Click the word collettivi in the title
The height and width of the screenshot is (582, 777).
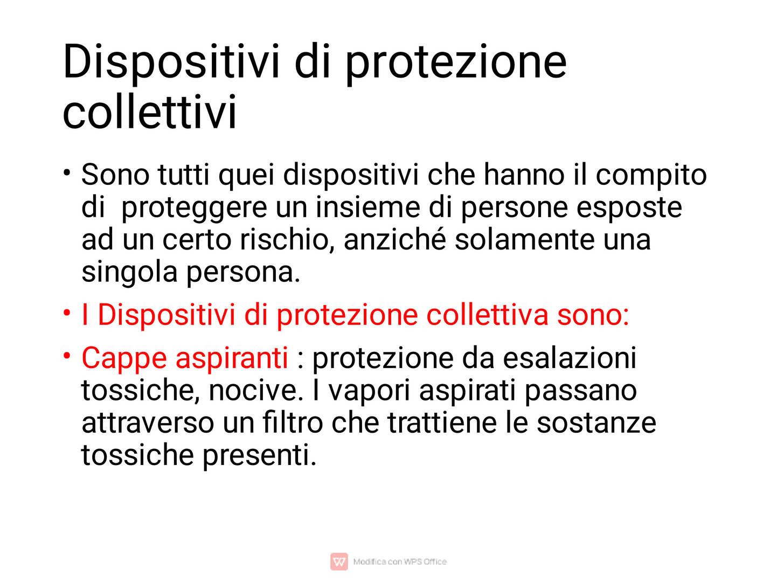149,112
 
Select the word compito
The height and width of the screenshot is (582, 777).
651,176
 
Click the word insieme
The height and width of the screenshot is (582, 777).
368,207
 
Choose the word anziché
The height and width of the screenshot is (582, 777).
394,240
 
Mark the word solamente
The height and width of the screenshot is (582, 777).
525,240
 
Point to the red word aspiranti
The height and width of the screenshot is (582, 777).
232,358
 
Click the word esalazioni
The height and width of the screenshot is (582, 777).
570,358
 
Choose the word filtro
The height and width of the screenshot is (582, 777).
293,422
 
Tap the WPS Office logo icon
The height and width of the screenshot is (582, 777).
339,562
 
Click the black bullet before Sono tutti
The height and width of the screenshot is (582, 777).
67,173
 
